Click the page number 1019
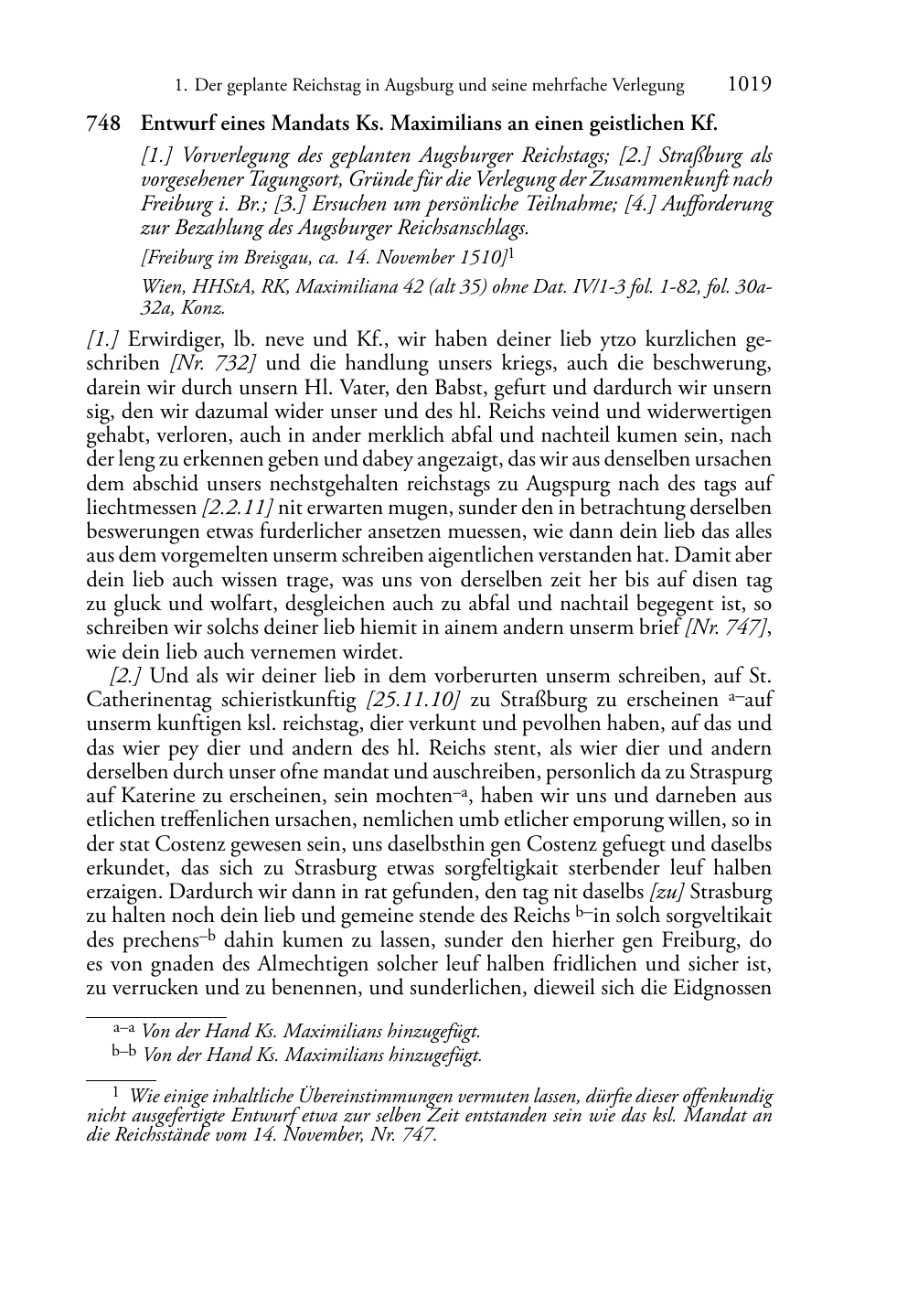[x=750, y=85]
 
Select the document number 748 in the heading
[x=101, y=123]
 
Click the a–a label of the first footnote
[x=123, y=1029]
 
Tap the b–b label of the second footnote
[x=123, y=1053]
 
